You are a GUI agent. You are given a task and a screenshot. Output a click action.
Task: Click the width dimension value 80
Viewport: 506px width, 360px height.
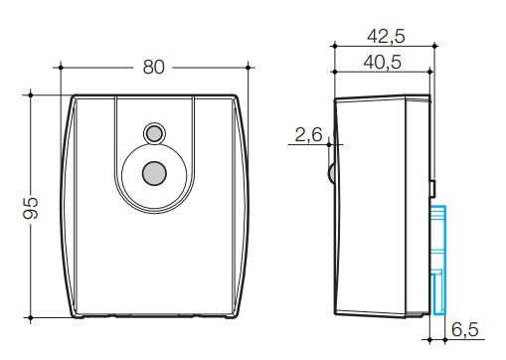pyautogui.click(x=153, y=68)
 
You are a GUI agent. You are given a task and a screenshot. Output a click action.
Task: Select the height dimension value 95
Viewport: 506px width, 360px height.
pyautogui.click(x=31, y=208)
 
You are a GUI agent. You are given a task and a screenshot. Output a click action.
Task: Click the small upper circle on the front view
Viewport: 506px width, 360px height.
pyautogui.click(x=153, y=132)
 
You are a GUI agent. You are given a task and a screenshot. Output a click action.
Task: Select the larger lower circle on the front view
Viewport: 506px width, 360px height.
pyautogui.click(x=153, y=172)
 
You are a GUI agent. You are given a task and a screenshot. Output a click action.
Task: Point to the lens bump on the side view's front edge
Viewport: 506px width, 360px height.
pyautogui.click(x=332, y=175)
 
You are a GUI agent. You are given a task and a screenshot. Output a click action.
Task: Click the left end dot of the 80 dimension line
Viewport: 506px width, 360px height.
pyautogui.click(x=62, y=68)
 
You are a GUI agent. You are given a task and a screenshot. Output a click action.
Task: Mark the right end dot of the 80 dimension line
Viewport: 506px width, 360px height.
pyautogui.click(x=246, y=68)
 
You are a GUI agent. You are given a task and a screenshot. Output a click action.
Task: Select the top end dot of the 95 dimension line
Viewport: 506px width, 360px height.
pyautogui.click(x=31, y=94)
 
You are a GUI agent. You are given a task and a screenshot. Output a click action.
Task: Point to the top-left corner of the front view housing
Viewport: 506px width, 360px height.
pyautogui.click(x=75, y=97)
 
